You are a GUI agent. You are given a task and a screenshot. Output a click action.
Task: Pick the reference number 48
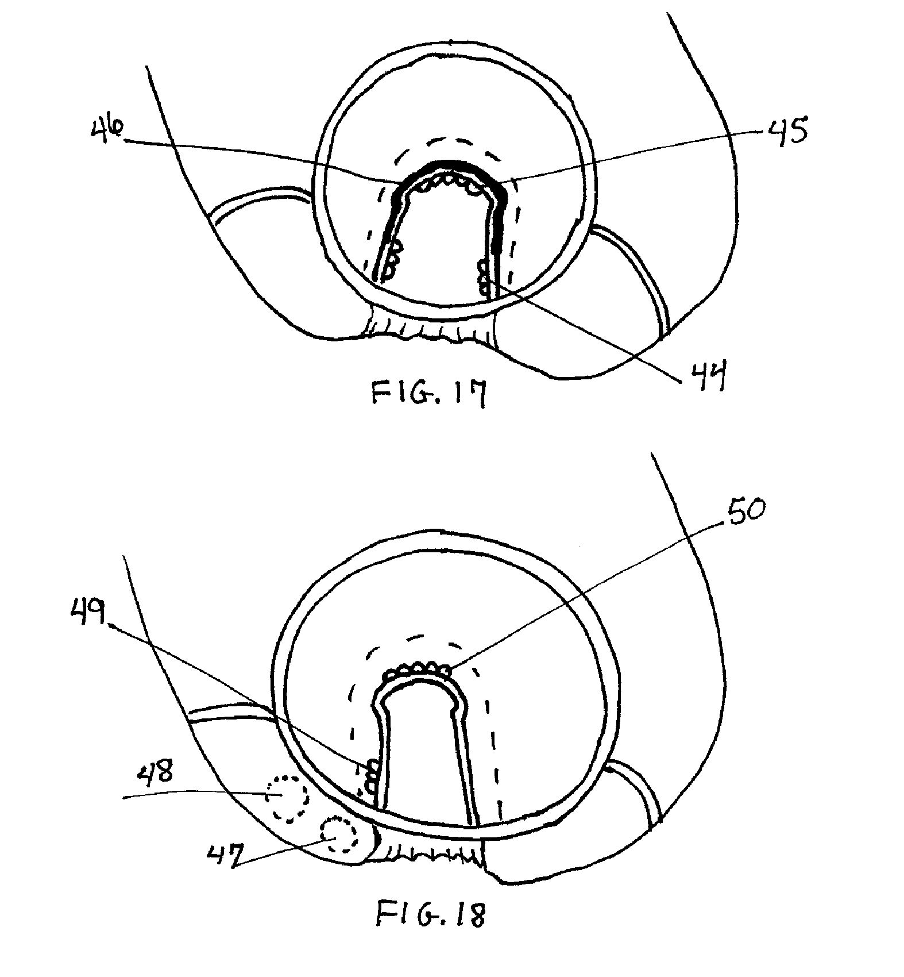pos(157,774)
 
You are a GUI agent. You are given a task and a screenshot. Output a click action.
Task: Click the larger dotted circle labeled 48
pos(286,797)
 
